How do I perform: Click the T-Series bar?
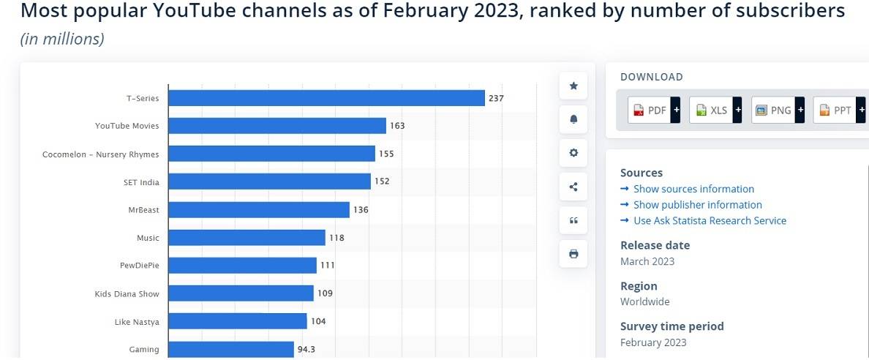point(326,98)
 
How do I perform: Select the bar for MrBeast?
point(259,210)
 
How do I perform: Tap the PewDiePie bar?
point(242,266)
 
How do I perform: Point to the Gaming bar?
point(231,350)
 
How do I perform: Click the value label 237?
point(496,98)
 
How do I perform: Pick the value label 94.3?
point(306,350)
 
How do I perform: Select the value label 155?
point(386,154)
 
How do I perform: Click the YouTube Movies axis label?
point(127,126)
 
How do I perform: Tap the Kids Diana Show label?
point(127,294)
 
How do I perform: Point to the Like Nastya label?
point(137,322)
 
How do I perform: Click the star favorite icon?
point(573,86)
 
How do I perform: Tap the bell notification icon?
point(573,119)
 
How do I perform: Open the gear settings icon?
point(573,153)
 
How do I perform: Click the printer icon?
point(573,254)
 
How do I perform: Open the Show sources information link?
point(693,189)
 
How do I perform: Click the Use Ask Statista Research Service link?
point(710,220)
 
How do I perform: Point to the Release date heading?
point(655,245)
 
